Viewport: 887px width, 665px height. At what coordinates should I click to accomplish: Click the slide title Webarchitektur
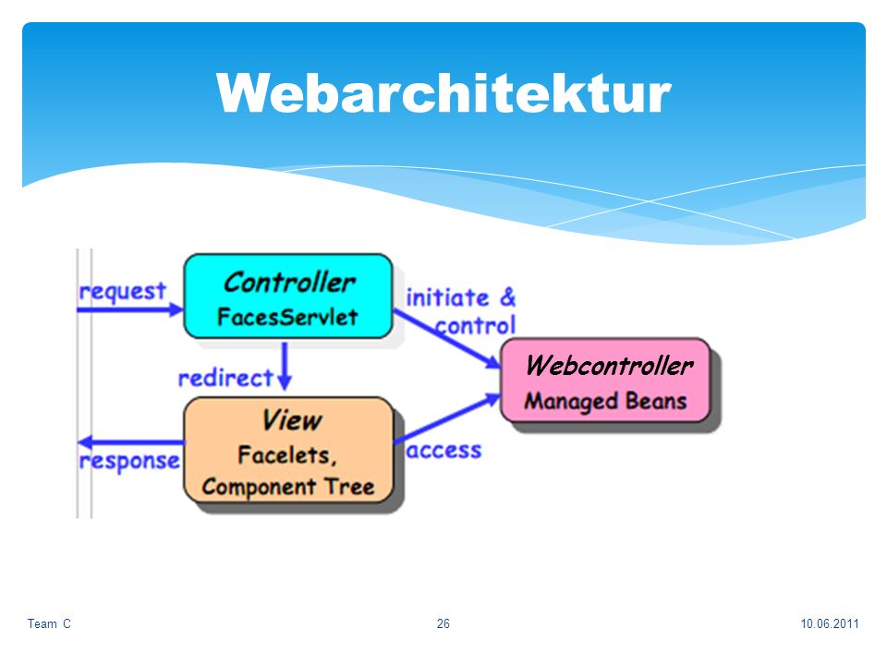pyautogui.click(x=443, y=93)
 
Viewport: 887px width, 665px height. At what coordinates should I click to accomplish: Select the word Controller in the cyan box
pyautogui.click(x=289, y=283)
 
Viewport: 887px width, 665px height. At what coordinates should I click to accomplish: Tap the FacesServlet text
pyautogui.click(x=287, y=317)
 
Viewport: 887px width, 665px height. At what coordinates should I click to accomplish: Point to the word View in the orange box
pyautogui.click(x=291, y=420)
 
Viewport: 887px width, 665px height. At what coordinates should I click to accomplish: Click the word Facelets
pyautogui.click(x=286, y=454)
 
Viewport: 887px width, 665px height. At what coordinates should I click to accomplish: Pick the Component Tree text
pyautogui.click(x=288, y=487)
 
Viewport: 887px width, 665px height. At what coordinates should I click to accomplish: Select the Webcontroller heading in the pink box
pyautogui.click(x=609, y=366)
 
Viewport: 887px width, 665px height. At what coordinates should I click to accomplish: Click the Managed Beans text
pyautogui.click(x=605, y=401)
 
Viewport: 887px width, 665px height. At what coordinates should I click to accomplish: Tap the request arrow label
pyautogui.click(x=123, y=292)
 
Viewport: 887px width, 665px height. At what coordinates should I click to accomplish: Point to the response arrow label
pyautogui.click(x=129, y=462)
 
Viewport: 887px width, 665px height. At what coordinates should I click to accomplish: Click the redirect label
pyautogui.click(x=225, y=378)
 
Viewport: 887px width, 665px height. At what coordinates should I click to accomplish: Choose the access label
pyautogui.click(x=444, y=450)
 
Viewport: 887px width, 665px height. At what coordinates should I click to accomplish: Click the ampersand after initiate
pyautogui.click(x=508, y=296)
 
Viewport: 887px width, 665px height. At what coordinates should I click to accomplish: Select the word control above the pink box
pyautogui.click(x=475, y=326)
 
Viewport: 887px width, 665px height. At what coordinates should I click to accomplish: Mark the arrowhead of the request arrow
pyautogui.click(x=176, y=310)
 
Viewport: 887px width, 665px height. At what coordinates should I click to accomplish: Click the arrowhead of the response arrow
pyautogui.click(x=85, y=442)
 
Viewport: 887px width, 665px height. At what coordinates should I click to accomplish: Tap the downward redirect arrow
pyautogui.click(x=286, y=366)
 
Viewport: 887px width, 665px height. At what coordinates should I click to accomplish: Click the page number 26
pyautogui.click(x=443, y=623)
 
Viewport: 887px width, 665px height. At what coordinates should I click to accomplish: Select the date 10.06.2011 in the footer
pyautogui.click(x=830, y=623)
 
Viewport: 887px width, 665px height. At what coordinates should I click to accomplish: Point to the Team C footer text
pyautogui.click(x=49, y=623)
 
